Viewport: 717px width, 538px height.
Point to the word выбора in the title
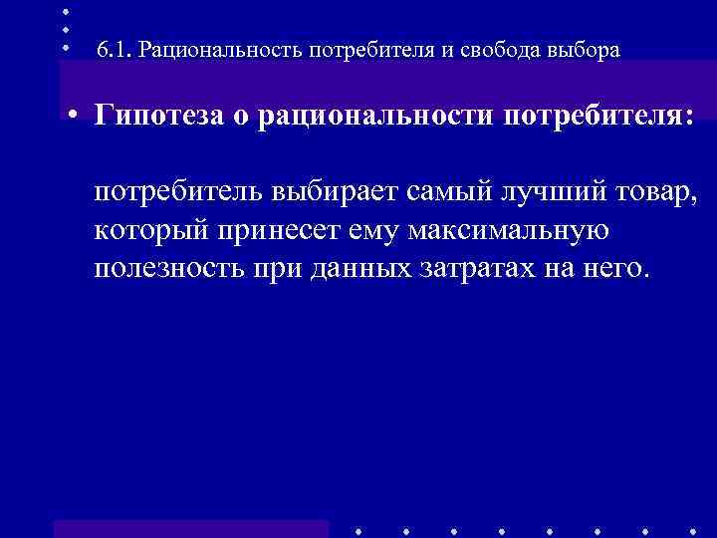coord(582,50)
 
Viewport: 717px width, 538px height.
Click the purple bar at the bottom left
coord(190,528)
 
